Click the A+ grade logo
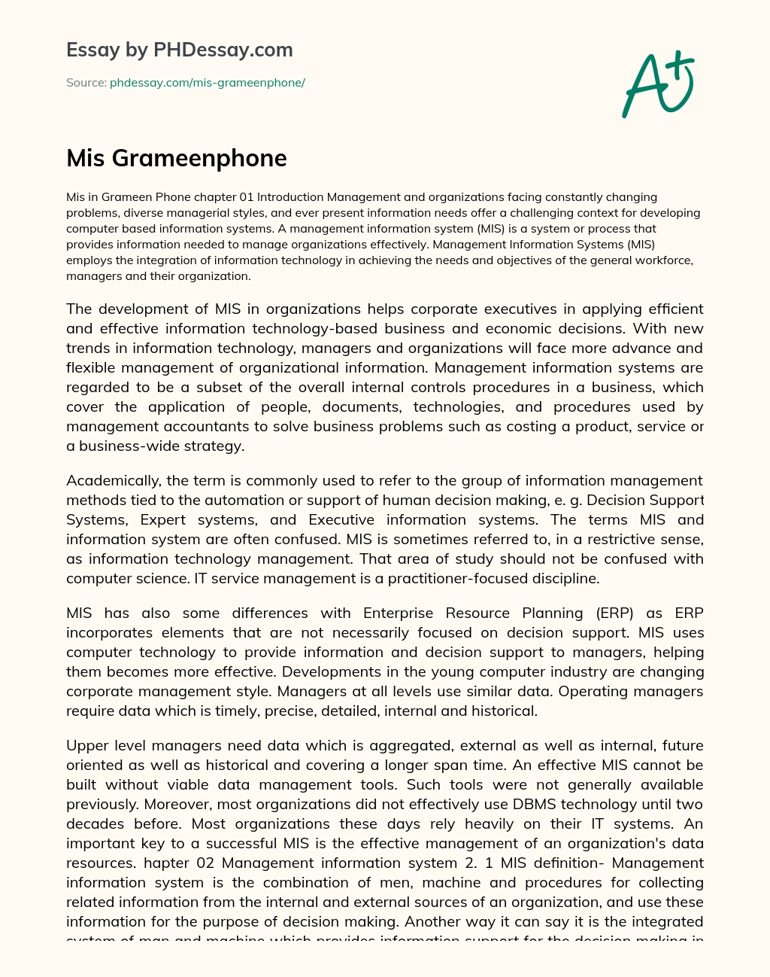658,84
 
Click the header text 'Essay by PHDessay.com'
179,50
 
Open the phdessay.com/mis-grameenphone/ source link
207,83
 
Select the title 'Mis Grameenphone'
177,158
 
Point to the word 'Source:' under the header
86,83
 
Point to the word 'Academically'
113,481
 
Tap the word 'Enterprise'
399,613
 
